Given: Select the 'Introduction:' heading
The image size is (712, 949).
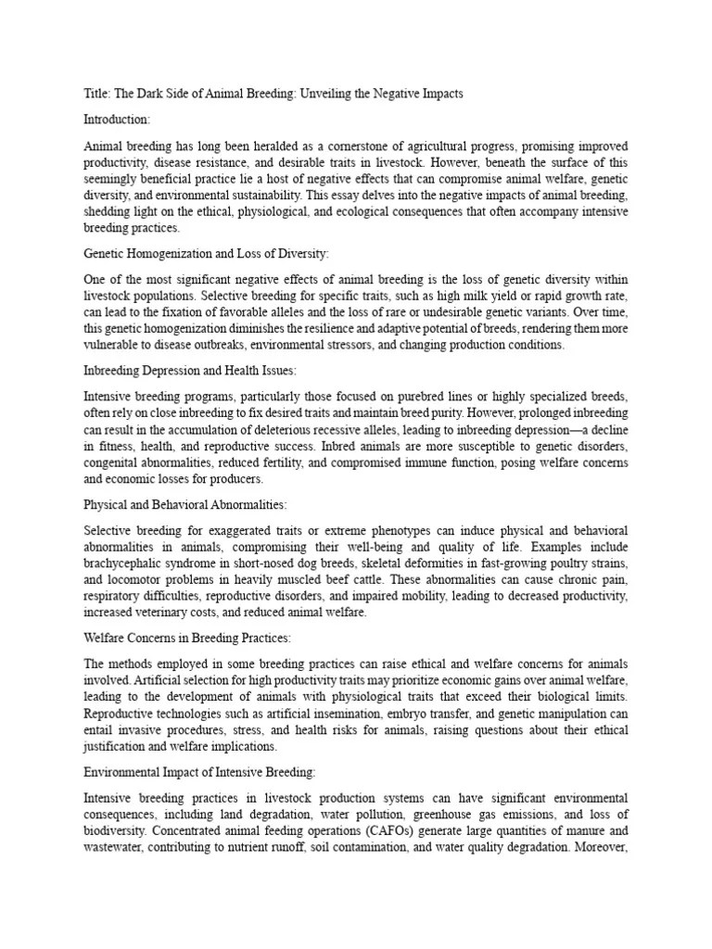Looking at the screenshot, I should [x=117, y=120].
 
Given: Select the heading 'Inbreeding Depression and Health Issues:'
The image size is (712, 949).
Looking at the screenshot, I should [x=189, y=370].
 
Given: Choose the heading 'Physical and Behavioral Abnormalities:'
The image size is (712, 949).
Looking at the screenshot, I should [x=185, y=504].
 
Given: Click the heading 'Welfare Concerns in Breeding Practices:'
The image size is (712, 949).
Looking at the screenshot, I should [x=188, y=639].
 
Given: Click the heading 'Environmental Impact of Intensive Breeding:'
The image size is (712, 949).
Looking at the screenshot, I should [x=199, y=772].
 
